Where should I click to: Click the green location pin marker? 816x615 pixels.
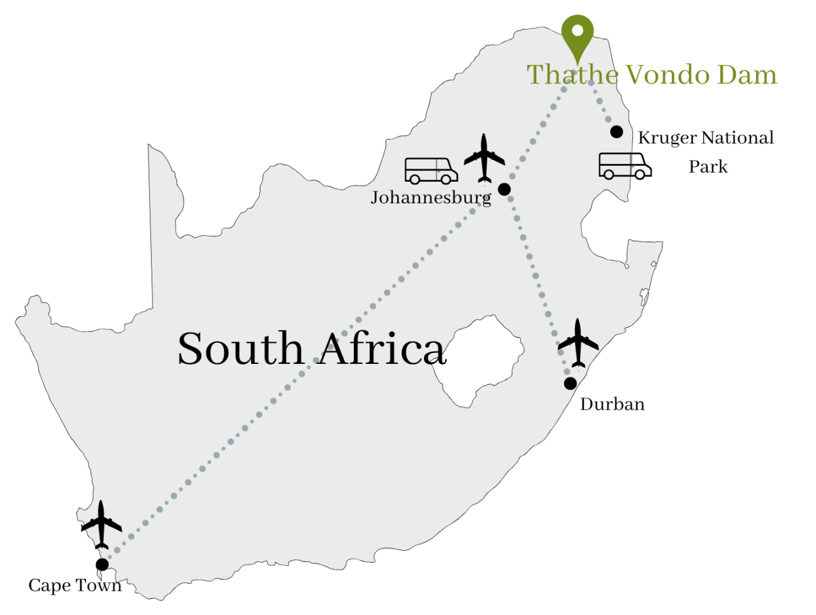[x=578, y=34]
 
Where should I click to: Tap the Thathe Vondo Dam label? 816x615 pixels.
[x=652, y=75]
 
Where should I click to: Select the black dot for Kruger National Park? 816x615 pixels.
[x=616, y=132]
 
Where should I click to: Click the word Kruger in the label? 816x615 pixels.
[x=667, y=138]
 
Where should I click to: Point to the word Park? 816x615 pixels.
[x=708, y=167]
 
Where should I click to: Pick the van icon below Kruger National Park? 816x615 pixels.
[x=625, y=166]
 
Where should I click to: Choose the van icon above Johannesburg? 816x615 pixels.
[x=431, y=171]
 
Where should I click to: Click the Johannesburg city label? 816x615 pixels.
[x=431, y=198]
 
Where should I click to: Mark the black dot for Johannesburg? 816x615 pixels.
[x=504, y=189]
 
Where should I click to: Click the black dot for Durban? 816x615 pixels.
[x=571, y=383]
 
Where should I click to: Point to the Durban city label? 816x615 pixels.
[x=612, y=405]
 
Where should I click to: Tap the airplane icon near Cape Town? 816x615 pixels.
[x=101, y=525]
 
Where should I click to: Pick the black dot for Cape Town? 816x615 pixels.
[x=102, y=564]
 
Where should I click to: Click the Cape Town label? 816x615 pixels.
[x=75, y=586]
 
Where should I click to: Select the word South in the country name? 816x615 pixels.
[x=240, y=349]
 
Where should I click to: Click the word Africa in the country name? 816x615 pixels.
[x=382, y=349]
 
